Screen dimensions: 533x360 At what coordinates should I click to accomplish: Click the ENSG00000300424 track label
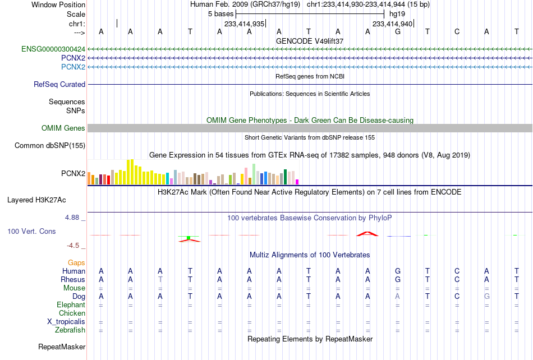coord(53,49)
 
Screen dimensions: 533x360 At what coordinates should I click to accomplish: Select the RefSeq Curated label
coord(59,84)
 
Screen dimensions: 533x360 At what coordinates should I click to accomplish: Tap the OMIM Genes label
coord(63,128)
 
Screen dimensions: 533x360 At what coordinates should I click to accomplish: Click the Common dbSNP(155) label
coord(50,145)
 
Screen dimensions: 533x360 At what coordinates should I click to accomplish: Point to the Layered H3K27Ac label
coord(36,200)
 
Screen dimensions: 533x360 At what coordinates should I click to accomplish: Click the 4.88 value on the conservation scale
coord(72,218)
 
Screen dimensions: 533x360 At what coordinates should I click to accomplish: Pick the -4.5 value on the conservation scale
coord(73,245)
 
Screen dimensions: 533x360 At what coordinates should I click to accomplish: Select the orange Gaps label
coord(76,262)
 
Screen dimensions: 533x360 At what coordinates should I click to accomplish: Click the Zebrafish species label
coord(70,330)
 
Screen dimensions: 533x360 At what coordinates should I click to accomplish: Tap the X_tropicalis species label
coord(66,321)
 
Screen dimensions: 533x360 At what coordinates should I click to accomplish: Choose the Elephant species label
coord(71,304)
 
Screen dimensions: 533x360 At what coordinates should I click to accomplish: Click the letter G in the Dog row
coord(487,297)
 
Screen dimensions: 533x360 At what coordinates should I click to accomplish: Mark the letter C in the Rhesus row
coord(457,279)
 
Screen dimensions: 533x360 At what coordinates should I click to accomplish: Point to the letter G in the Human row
coord(398,271)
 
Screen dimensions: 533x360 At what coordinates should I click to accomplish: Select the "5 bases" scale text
coord(221,14)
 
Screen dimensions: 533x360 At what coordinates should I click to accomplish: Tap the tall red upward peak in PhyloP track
coord(367,234)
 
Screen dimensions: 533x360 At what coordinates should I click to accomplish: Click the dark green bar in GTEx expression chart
coord(286,177)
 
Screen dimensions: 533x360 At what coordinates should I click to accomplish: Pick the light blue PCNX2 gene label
coord(73,67)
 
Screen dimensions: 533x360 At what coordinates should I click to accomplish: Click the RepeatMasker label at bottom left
coord(62,347)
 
